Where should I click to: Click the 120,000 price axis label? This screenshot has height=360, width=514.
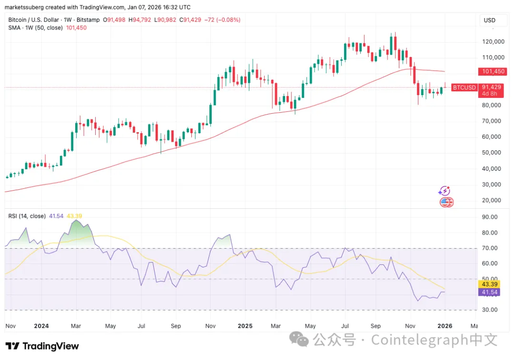tap(493, 42)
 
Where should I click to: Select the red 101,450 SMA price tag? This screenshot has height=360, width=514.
tap(493, 72)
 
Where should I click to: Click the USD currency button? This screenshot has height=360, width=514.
tap(489, 20)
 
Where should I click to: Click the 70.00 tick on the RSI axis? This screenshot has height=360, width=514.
tap(490, 248)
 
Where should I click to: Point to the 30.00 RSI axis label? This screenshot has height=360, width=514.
tap(490, 310)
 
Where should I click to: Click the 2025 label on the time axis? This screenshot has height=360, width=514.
tap(245, 326)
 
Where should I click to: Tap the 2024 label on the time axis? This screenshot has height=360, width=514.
tap(42, 326)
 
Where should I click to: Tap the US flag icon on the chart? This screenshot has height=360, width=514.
tap(446, 203)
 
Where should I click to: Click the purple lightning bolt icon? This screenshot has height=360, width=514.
tap(444, 191)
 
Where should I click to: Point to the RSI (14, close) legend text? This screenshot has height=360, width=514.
tap(27, 216)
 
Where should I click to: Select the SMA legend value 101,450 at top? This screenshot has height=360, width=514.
tap(77, 28)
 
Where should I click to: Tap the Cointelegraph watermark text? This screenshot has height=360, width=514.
tap(434, 340)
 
